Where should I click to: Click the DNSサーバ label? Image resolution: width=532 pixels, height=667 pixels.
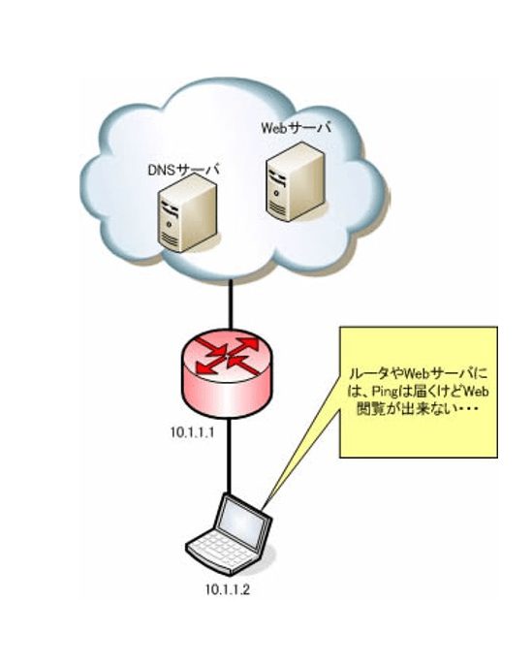[x=183, y=171]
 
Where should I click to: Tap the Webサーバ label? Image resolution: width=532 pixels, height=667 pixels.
[x=296, y=128]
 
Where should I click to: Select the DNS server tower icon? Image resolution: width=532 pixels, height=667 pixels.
[x=188, y=216]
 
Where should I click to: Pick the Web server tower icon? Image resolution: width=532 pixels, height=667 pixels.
[x=297, y=181]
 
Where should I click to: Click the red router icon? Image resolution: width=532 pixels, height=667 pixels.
[x=227, y=371]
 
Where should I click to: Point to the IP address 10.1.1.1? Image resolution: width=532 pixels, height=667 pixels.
[x=192, y=433]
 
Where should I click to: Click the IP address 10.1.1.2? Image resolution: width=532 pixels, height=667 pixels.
[x=228, y=590]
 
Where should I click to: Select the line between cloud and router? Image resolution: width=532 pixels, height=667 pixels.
[x=231, y=303]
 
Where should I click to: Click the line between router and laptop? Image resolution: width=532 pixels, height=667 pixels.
[x=230, y=456]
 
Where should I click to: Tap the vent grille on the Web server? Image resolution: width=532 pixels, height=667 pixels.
[x=277, y=208]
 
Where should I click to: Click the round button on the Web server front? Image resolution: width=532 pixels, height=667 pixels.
[x=277, y=194]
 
